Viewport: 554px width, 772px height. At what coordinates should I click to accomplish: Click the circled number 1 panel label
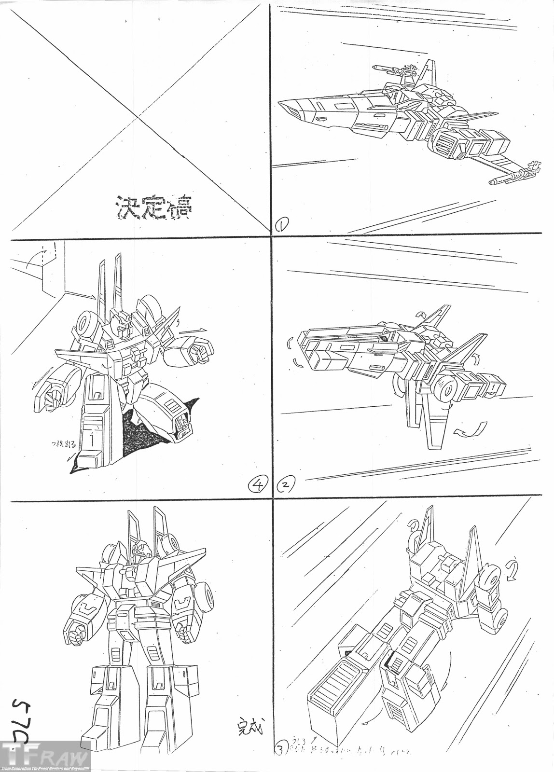click(282, 223)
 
